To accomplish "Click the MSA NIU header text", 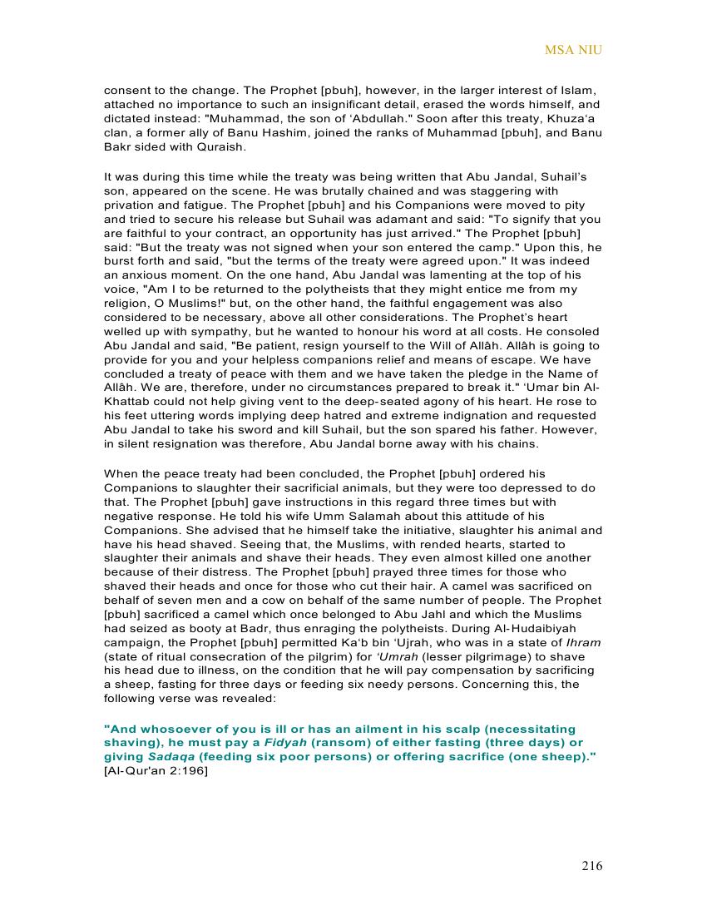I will (573, 50).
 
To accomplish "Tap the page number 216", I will (591, 866).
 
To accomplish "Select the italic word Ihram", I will (584, 643).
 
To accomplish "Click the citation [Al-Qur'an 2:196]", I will (156, 770).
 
